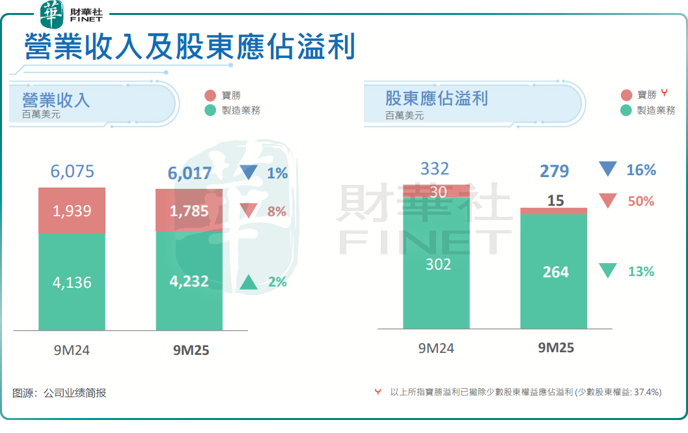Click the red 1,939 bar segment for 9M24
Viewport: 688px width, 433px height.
(72, 210)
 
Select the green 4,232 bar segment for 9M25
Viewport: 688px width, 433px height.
(189, 281)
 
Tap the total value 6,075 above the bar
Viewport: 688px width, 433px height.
(72, 172)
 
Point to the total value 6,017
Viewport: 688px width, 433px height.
(189, 173)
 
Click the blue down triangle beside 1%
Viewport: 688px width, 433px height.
(249, 172)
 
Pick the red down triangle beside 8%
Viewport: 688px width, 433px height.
(249, 210)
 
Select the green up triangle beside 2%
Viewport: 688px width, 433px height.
(249, 282)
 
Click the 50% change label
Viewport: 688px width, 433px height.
(640, 201)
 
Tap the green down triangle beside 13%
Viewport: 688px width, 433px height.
(607, 271)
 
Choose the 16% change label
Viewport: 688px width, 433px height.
(640, 170)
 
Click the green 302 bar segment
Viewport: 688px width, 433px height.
(436, 264)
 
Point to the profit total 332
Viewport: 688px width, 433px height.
(435, 169)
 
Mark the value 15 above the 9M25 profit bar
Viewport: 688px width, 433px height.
(555, 201)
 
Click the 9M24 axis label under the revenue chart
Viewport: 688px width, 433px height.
(72, 350)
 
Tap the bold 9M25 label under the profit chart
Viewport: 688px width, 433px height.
(556, 348)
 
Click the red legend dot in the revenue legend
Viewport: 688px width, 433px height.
(210, 95)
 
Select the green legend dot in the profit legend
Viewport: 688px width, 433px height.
(626, 111)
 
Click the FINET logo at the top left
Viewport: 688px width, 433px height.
(71, 14)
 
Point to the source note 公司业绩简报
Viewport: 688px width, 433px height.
(74, 393)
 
